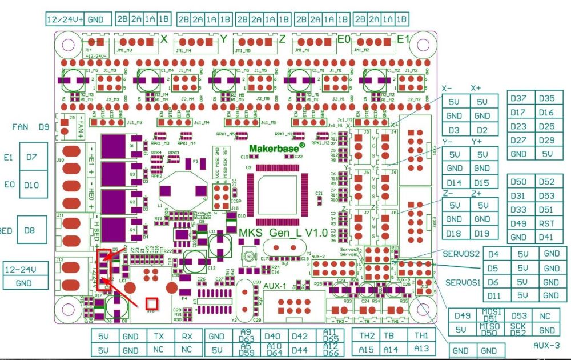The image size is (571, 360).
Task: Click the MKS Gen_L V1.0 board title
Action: coord(283,233)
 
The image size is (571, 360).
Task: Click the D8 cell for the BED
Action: coord(29,230)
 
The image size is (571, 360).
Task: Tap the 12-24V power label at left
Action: coord(20,269)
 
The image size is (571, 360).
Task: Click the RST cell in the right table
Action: coord(546,223)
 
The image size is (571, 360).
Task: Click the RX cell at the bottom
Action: coord(187,337)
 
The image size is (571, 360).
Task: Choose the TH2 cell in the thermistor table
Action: coord(367,335)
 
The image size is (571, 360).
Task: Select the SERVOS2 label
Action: coord(461,254)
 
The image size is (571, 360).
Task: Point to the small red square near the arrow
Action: coord(151,303)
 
